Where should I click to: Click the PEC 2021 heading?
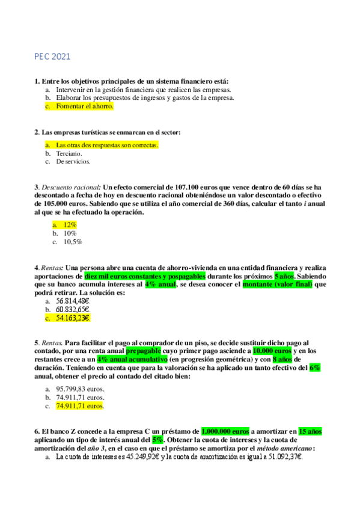[x=52, y=57]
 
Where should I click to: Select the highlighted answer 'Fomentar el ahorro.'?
[x=84, y=106]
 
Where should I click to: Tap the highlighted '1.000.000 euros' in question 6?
[x=225, y=431]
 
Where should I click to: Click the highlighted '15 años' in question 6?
[x=310, y=431]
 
